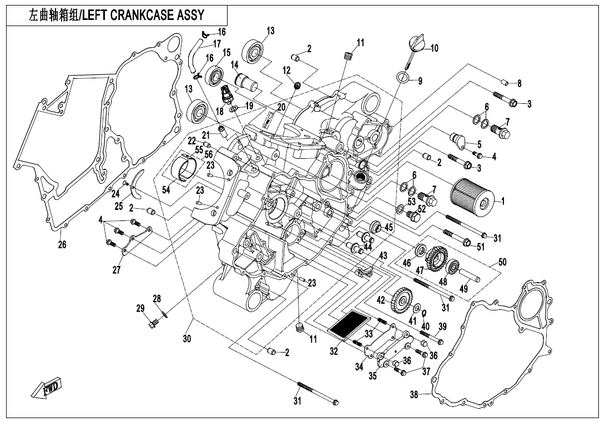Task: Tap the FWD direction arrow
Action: (46, 388)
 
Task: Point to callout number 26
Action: (62, 244)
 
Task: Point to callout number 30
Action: (187, 338)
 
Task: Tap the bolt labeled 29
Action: (152, 320)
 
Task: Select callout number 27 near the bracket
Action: (117, 270)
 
